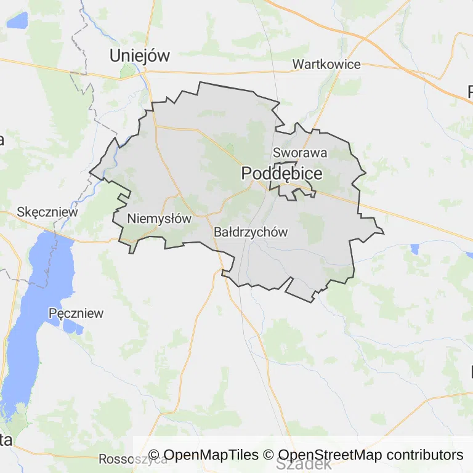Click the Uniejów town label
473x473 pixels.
139,55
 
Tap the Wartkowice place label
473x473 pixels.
326,64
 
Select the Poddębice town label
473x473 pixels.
281,174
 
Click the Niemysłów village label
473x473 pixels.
160,218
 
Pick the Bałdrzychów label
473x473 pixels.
251,232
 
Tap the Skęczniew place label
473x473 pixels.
48,212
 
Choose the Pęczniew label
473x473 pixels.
76,313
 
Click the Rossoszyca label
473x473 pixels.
132,459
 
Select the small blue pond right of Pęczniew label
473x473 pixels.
72,327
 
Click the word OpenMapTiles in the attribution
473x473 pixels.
211,455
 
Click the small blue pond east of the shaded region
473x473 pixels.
414,249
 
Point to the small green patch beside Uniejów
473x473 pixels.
128,70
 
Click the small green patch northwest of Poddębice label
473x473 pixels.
230,148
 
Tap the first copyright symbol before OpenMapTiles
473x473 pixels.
154,455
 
